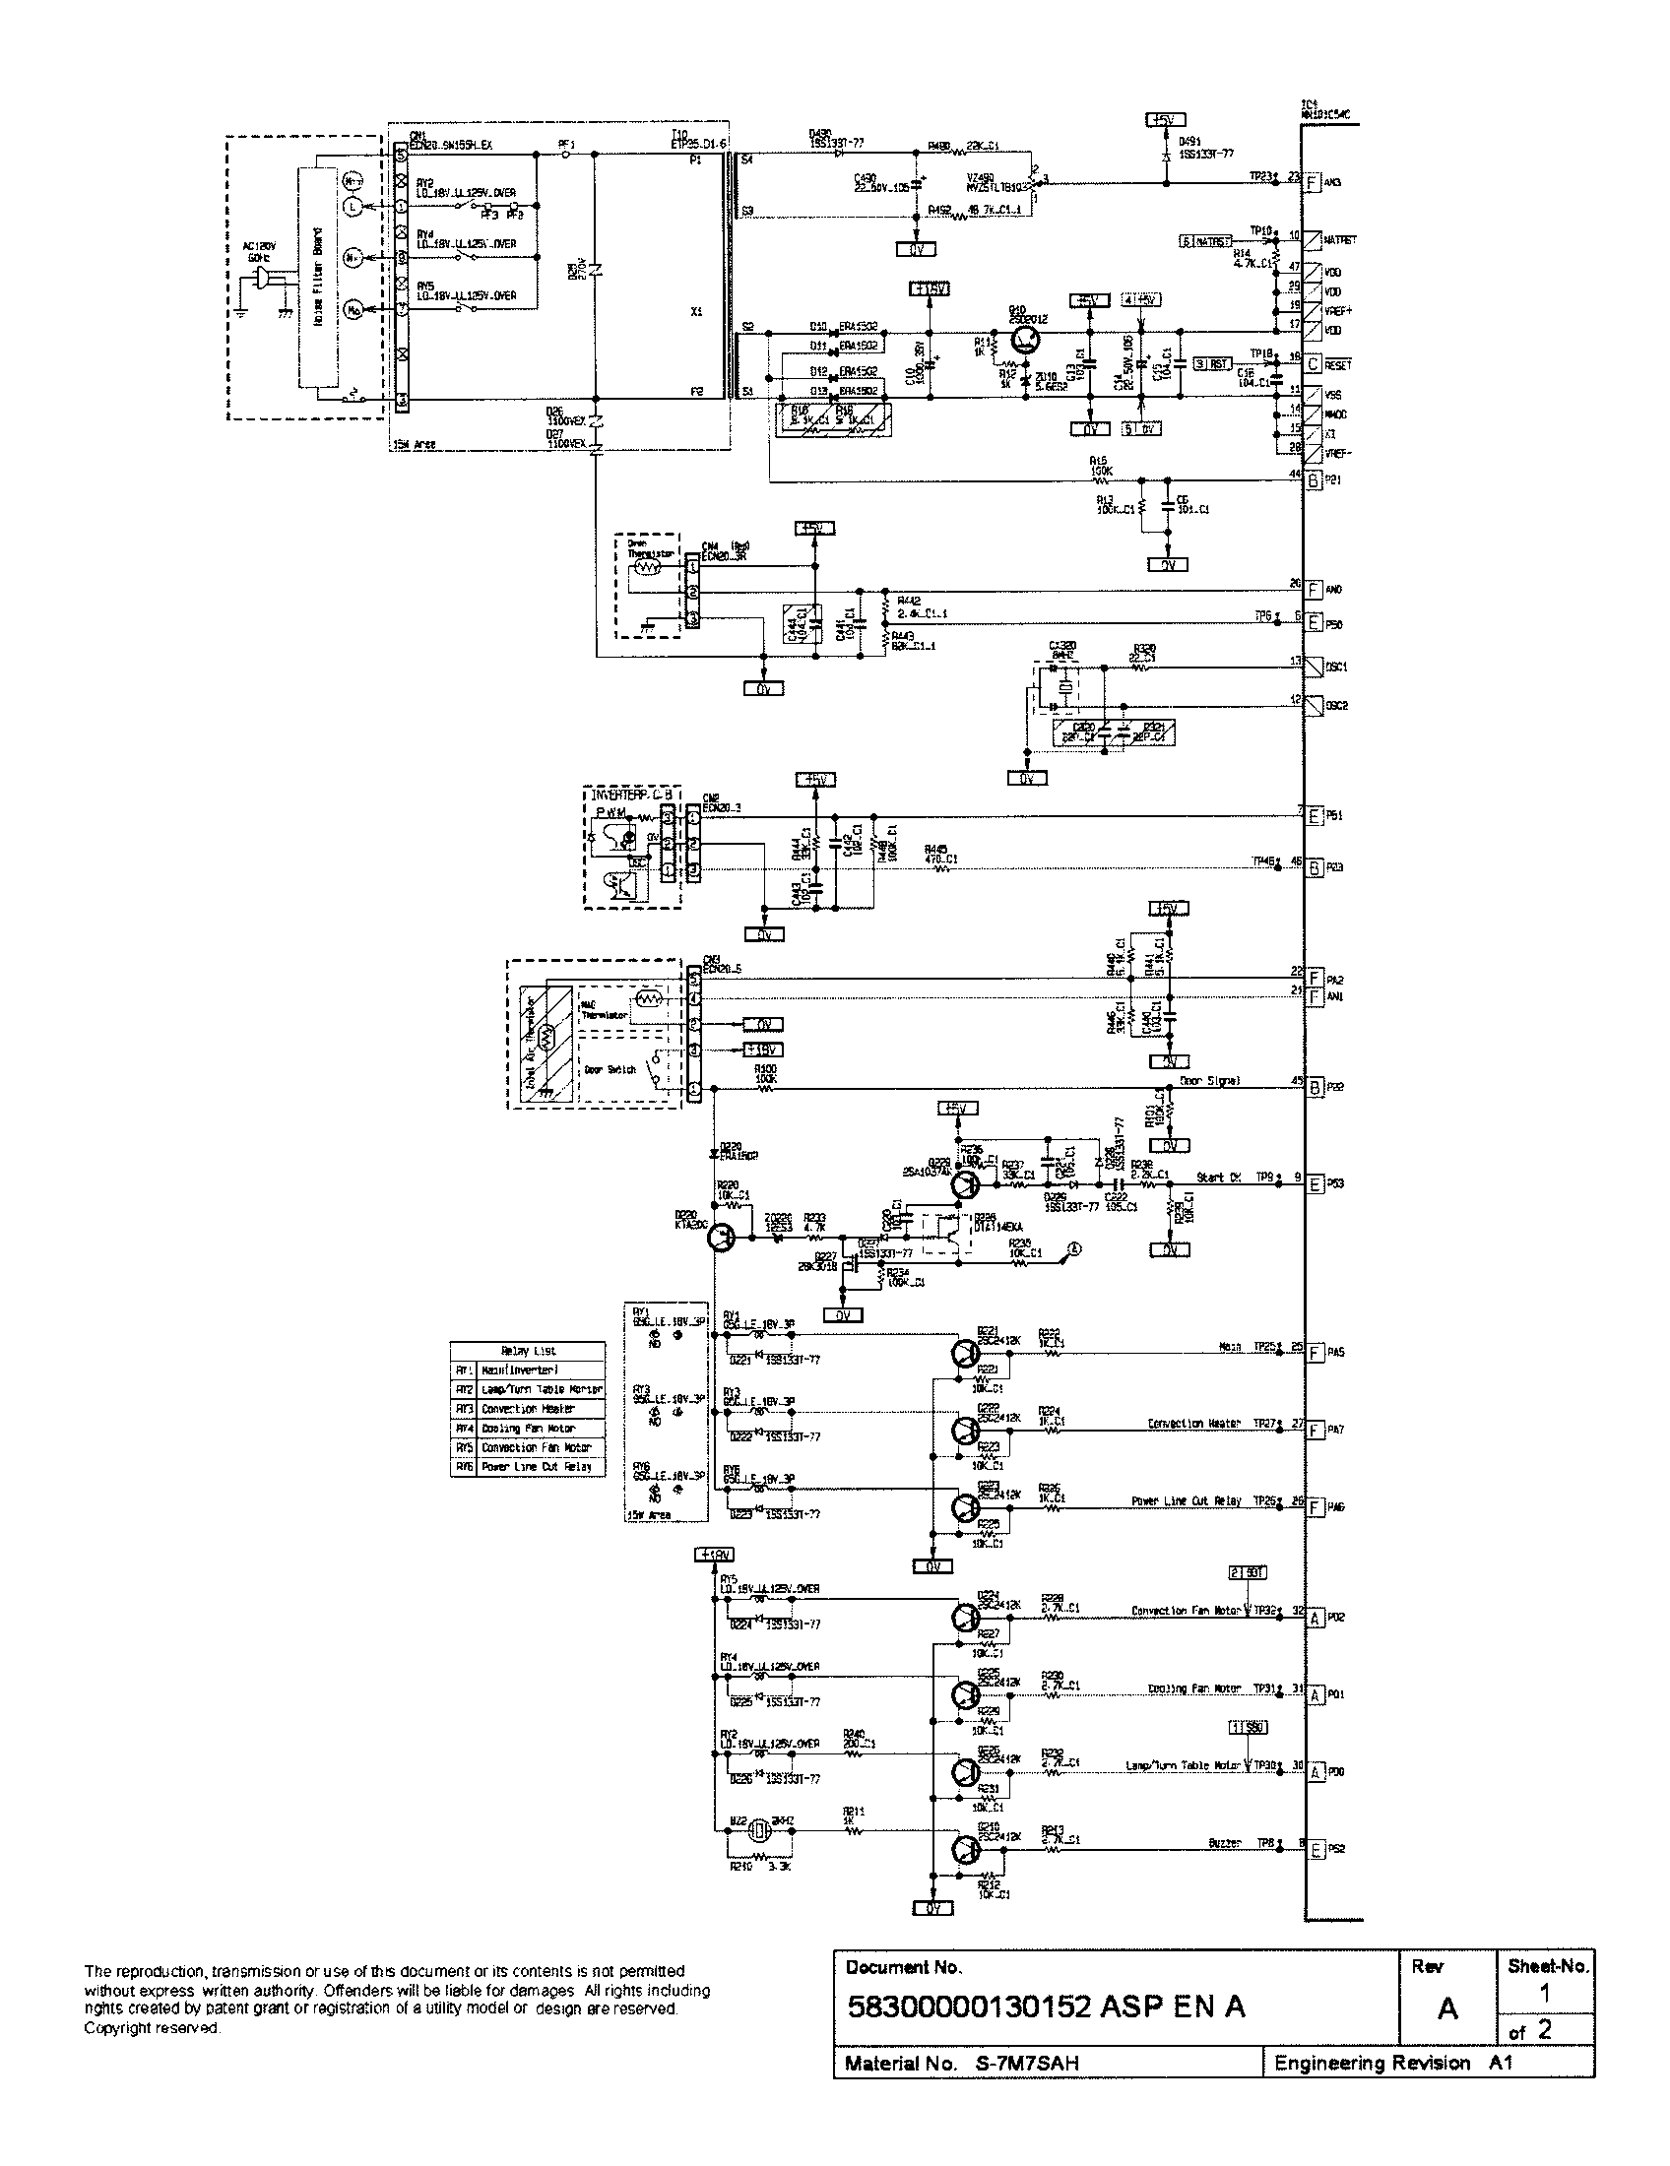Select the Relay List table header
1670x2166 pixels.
[528, 1351]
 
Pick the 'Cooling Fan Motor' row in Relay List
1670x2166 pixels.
[542, 1429]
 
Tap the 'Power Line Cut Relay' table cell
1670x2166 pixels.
[542, 1467]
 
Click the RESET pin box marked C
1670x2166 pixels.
[1313, 364]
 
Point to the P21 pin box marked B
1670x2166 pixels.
[1313, 481]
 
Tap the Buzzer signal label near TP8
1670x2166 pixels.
[1225, 1843]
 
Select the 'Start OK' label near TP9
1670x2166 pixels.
[1218, 1178]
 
